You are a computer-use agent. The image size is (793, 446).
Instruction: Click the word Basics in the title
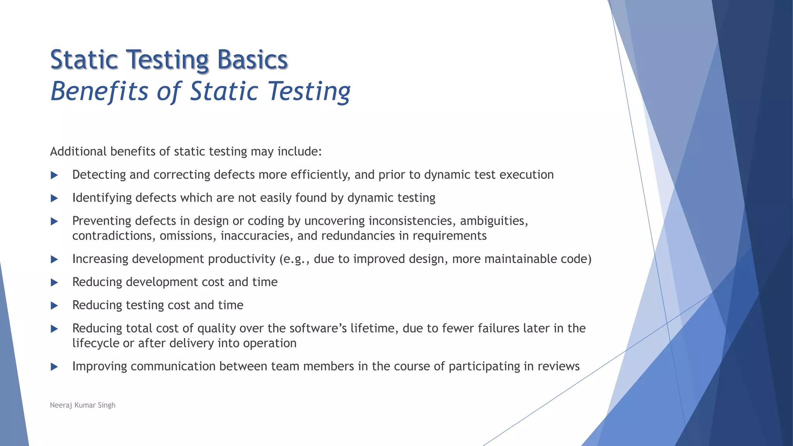(x=252, y=60)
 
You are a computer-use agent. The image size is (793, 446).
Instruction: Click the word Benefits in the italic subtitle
(x=100, y=91)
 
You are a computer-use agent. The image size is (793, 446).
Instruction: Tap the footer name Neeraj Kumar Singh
(x=82, y=405)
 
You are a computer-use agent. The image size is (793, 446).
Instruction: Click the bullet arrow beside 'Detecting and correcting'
(x=54, y=175)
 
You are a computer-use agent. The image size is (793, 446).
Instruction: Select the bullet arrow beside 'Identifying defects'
(x=54, y=199)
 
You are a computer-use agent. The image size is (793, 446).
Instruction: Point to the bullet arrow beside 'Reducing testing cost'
(x=54, y=306)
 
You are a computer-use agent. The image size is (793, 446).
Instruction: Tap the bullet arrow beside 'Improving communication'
(x=54, y=367)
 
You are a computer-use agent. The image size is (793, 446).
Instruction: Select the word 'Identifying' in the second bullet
(x=102, y=198)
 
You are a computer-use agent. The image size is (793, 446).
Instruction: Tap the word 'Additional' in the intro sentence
(x=78, y=151)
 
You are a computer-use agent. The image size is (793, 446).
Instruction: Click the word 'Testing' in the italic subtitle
(x=309, y=91)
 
